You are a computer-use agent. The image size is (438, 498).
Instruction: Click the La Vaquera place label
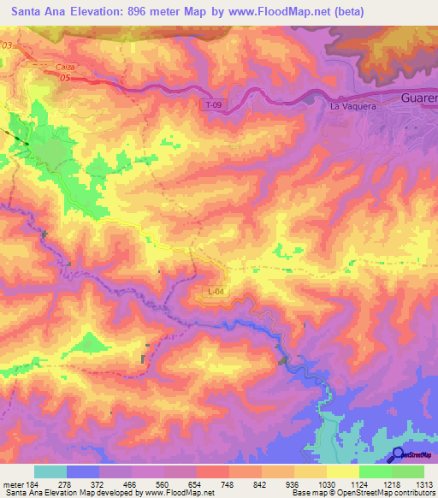tap(348, 107)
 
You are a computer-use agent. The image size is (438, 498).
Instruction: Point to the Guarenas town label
tap(418, 98)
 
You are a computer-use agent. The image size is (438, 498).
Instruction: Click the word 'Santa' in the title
tap(32, 12)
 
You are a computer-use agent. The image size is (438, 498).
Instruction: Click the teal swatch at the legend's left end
tap(50, 471)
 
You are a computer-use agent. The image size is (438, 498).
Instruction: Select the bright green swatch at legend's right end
tap(408, 471)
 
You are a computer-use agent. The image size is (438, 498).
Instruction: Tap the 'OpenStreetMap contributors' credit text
tap(392, 493)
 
